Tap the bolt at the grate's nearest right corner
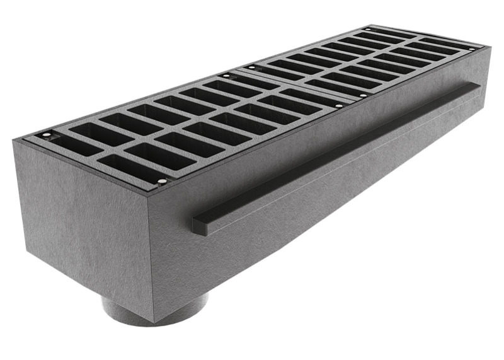(x=163, y=182)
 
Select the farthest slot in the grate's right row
(x=435, y=49)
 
